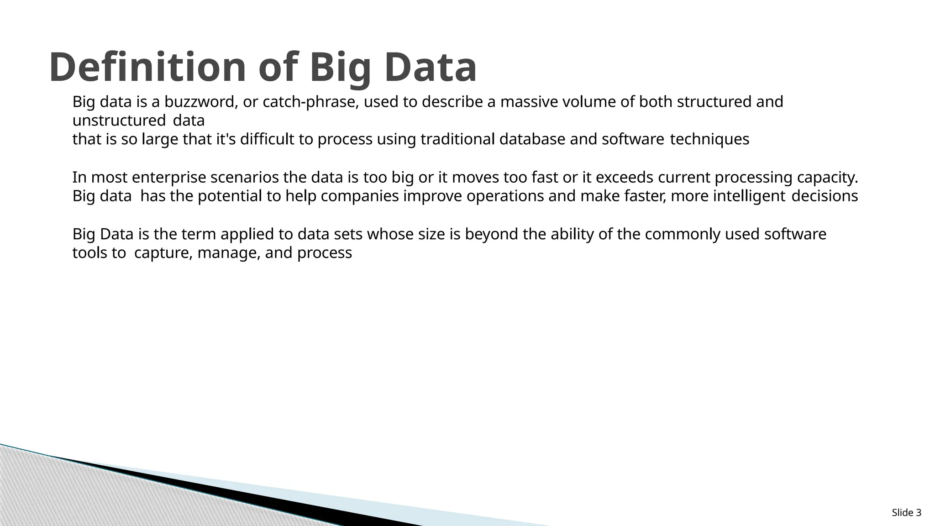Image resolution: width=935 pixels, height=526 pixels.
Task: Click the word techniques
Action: tap(709, 139)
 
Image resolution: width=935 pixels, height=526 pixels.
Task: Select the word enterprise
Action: tap(169, 177)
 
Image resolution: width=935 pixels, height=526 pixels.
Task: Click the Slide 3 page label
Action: tap(906, 513)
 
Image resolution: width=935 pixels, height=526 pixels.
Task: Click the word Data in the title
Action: tap(430, 68)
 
